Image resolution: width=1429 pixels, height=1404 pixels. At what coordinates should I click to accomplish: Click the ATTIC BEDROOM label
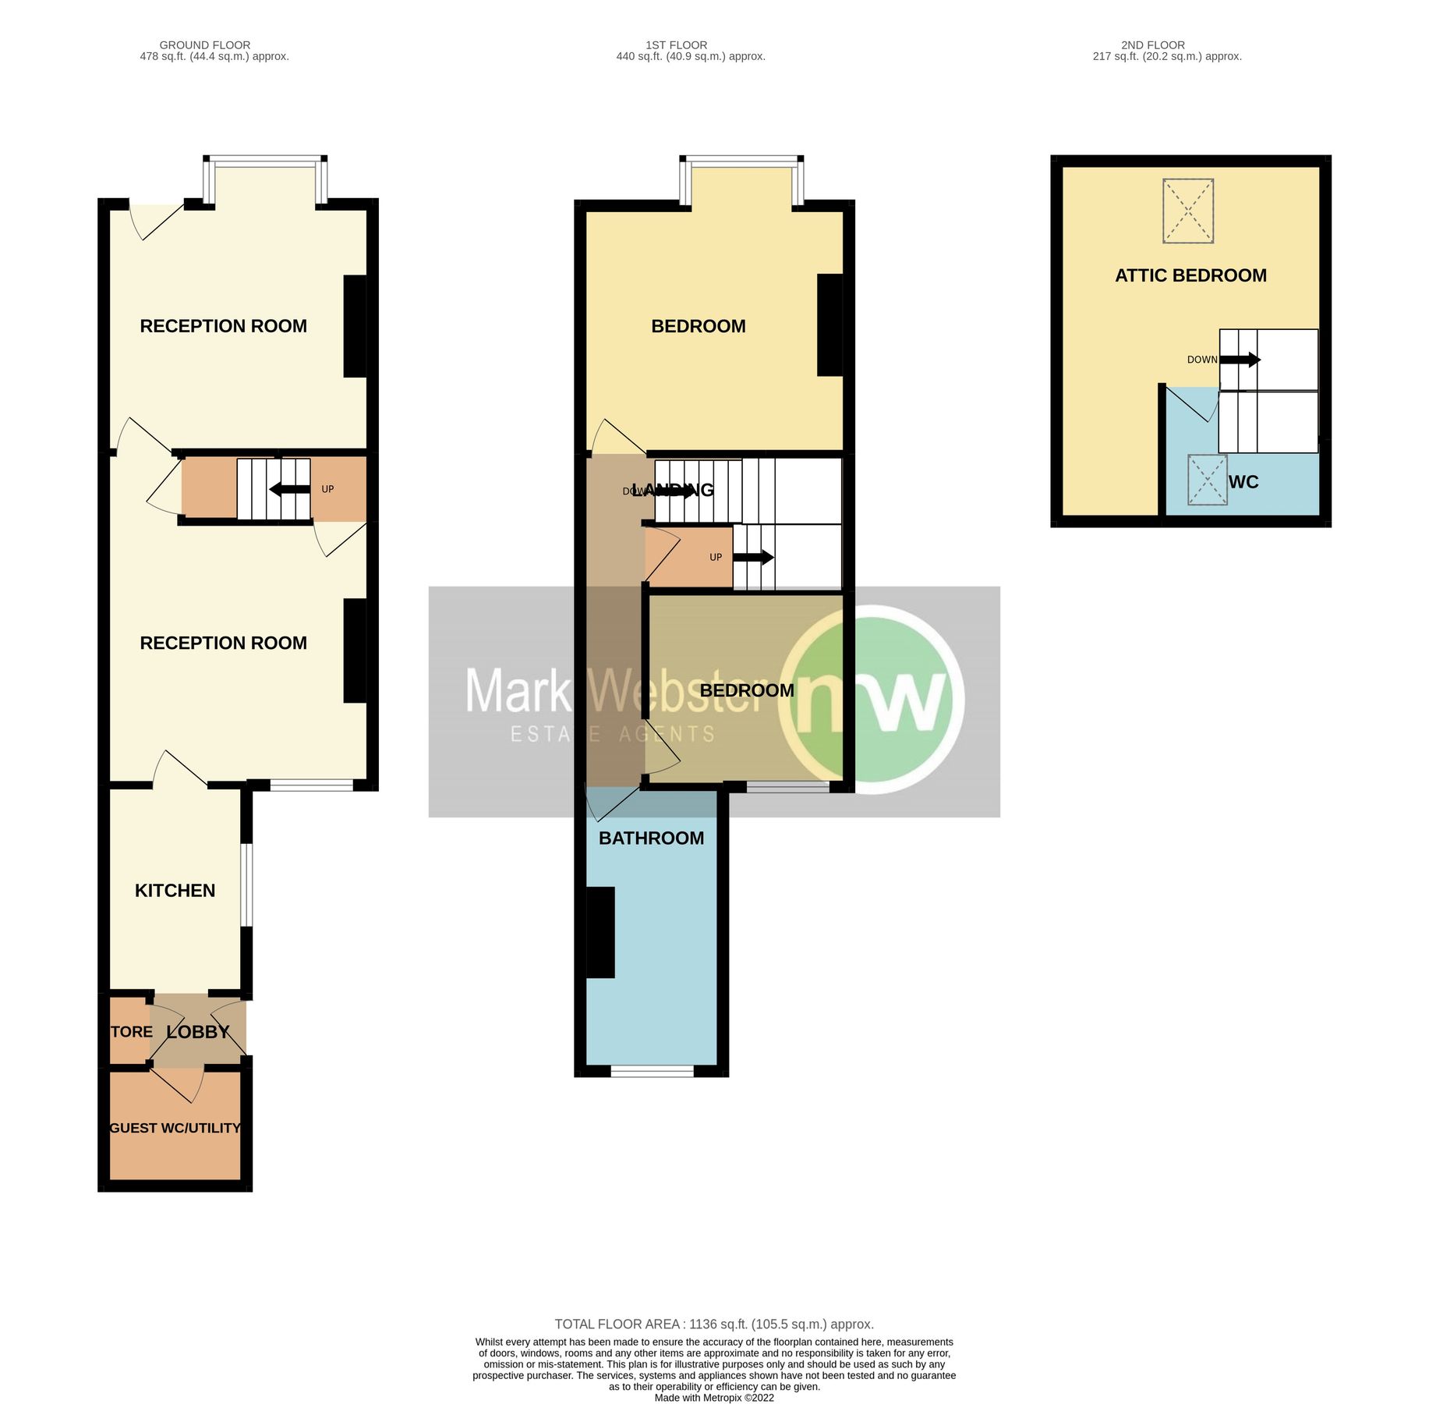[x=1190, y=275]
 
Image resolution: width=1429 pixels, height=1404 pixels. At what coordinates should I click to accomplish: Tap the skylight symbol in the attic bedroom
[x=1187, y=211]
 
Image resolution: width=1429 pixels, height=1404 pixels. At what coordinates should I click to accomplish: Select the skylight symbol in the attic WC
[x=1206, y=480]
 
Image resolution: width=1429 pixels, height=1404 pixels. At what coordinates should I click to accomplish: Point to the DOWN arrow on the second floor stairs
[x=1240, y=360]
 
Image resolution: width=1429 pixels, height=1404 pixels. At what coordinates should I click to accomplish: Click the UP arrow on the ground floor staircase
[x=289, y=489]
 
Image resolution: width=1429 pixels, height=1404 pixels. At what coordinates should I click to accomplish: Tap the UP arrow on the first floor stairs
[x=753, y=557]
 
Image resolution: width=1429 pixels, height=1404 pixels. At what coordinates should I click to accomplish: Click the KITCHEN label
[x=175, y=891]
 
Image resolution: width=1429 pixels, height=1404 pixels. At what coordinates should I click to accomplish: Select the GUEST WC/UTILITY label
[x=175, y=1128]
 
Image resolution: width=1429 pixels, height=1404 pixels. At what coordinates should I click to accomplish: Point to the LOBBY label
[x=198, y=1032]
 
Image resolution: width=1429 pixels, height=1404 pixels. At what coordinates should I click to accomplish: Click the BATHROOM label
[x=651, y=838]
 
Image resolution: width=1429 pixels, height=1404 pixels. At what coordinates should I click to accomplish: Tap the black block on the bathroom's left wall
[x=600, y=932]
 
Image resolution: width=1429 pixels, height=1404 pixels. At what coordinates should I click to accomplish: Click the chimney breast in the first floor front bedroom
[x=829, y=324]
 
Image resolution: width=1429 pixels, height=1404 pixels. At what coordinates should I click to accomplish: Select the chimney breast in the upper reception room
[x=355, y=326]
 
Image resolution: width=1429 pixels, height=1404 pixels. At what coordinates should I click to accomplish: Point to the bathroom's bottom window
[x=652, y=1072]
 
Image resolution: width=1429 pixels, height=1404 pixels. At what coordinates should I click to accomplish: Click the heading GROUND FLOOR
[x=204, y=45]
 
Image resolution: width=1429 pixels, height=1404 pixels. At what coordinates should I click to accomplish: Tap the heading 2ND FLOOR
[x=1152, y=45]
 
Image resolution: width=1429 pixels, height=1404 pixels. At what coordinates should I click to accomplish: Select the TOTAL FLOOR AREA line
[x=713, y=1324]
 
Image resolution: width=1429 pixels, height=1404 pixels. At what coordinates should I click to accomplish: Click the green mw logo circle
[x=872, y=699]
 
